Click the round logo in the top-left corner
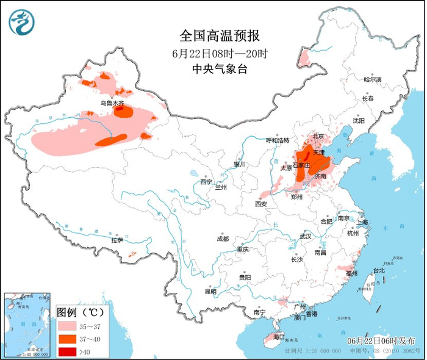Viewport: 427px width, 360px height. (x=21, y=22)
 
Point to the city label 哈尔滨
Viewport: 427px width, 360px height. (x=371, y=80)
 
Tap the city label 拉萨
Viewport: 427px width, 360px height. (x=117, y=240)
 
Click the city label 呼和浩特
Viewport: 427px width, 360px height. (x=277, y=140)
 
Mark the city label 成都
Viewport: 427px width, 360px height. (x=222, y=239)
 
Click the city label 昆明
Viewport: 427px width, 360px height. (x=210, y=292)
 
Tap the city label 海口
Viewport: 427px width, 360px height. (x=279, y=337)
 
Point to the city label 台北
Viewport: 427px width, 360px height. (x=378, y=270)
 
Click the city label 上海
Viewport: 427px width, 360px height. (x=363, y=222)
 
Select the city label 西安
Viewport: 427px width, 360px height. (x=262, y=203)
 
